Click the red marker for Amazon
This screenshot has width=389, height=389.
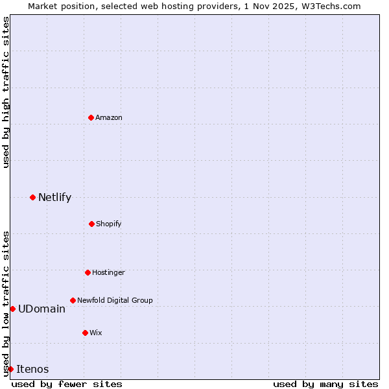pyautogui.click(x=91, y=117)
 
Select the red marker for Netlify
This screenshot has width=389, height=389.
pyautogui.click(x=32, y=197)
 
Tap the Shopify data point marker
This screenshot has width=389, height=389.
pyautogui.click(x=91, y=224)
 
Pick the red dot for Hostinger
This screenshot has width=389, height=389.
pyautogui.click(x=88, y=272)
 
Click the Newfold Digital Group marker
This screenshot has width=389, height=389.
pyautogui.click(x=73, y=300)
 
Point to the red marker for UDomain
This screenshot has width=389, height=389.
pyautogui.click(x=12, y=309)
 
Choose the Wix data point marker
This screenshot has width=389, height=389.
pyautogui.click(x=85, y=333)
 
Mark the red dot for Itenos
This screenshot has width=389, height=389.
pyautogui.click(x=10, y=369)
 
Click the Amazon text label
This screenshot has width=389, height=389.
pyautogui.click(x=109, y=117)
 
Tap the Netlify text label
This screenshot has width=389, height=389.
pyautogui.click(x=54, y=197)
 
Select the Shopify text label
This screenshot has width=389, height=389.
pyautogui.click(x=109, y=224)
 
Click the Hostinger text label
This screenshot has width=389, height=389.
pyautogui.click(x=108, y=272)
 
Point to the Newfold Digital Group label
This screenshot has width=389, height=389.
pyautogui.click(x=115, y=300)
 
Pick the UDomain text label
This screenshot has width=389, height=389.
pyautogui.click(x=41, y=309)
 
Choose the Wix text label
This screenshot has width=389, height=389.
pyautogui.click(x=96, y=333)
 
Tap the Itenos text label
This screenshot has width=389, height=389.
pyautogui.click(x=32, y=369)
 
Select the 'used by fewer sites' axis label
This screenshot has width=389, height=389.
pyautogui.click(x=67, y=384)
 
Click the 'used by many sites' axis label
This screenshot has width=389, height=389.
pyautogui.click(x=325, y=384)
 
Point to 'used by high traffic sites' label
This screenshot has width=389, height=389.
pyautogui.click(x=6, y=92)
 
